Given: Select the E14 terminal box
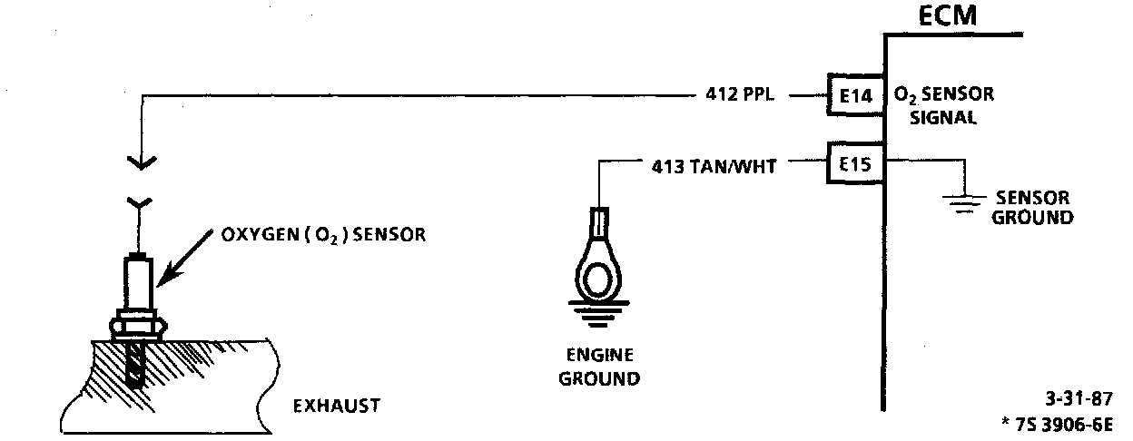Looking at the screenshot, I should point(853,94).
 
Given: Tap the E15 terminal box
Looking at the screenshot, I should point(853,165).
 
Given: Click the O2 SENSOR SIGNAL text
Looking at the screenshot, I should point(944,105).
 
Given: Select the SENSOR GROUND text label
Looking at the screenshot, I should point(1034,208).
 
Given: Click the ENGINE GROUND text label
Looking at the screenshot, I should point(598,366).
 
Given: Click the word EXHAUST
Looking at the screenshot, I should point(336,406).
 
